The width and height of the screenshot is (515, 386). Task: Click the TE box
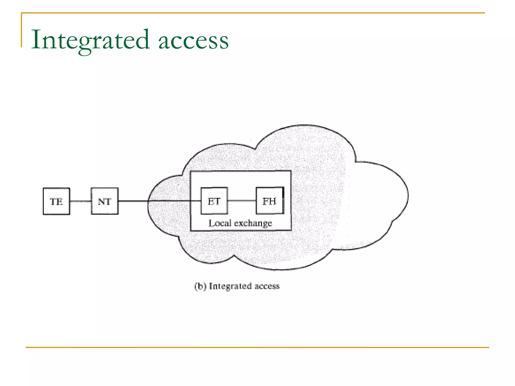(x=56, y=201)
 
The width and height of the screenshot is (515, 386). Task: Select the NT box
(x=105, y=201)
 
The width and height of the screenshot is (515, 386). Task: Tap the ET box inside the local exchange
(x=214, y=201)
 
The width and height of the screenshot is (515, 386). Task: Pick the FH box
(x=270, y=201)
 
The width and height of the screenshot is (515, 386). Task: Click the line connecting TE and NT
(x=80, y=201)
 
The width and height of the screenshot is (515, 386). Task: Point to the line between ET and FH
(x=242, y=201)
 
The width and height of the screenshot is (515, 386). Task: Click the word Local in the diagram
(x=220, y=223)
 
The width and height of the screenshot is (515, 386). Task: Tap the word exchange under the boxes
(x=253, y=223)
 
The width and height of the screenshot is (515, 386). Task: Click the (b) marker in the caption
(x=200, y=286)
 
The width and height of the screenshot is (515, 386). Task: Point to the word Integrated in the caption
(x=230, y=286)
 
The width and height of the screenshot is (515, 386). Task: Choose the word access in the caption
(x=267, y=286)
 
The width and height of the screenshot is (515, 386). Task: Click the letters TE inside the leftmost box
(x=56, y=202)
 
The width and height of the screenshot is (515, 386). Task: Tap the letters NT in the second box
(x=104, y=202)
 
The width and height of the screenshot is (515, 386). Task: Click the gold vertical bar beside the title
(x=22, y=30)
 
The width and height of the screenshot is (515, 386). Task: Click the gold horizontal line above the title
(x=251, y=13)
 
